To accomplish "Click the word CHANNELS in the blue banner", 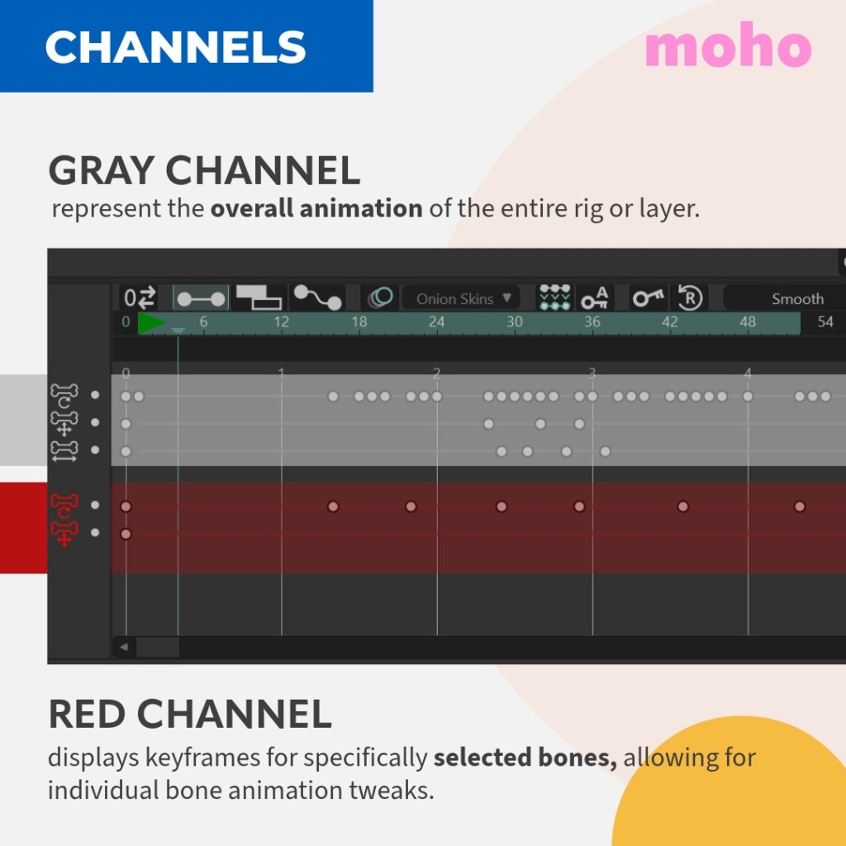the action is click(176, 47).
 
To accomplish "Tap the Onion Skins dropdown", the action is click(461, 298).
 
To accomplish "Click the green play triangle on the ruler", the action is click(150, 323).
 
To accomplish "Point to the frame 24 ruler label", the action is click(436, 322).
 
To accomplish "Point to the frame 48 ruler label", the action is click(747, 322).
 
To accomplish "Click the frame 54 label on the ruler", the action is click(825, 322).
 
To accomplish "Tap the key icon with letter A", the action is click(595, 297).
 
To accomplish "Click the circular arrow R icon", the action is click(690, 297).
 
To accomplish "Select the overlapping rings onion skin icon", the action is click(380, 297).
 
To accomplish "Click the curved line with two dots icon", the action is click(318, 297).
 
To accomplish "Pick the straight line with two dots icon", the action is click(201, 298).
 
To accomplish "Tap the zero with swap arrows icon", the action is click(140, 297).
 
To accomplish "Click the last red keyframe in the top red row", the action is click(800, 506).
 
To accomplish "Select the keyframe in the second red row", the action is click(126, 534).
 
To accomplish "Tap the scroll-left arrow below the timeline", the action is click(124, 646).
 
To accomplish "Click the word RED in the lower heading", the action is click(87, 714).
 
